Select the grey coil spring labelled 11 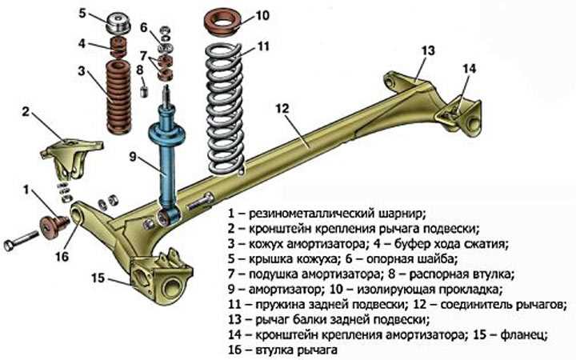click(225, 110)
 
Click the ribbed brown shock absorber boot click(118, 97)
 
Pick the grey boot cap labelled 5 click(118, 23)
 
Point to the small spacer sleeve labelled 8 click(144, 90)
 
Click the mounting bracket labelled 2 click(72, 158)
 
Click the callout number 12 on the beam click(282, 109)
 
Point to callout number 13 click(428, 50)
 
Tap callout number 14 click(469, 68)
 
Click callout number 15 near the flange click(98, 278)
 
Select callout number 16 click(62, 256)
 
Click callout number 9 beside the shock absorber click(133, 157)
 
